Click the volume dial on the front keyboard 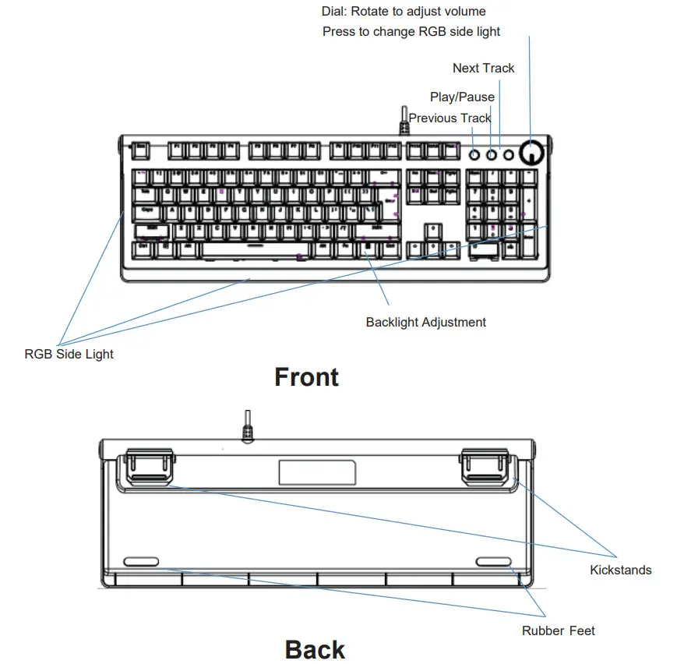(531, 154)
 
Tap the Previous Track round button (474, 155)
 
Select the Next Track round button (509, 155)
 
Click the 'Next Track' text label (483, 69)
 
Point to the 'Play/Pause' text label (462, 97)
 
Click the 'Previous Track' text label (450, 118)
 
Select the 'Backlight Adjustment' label (425, 323)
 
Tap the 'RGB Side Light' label (69, 355)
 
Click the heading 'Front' (306, 377)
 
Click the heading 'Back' (315, 649)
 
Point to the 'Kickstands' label (620, 570)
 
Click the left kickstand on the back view (147, 466)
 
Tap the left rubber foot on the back (140, 562)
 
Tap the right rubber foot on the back (495, 562)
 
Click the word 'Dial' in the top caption (334, 12)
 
